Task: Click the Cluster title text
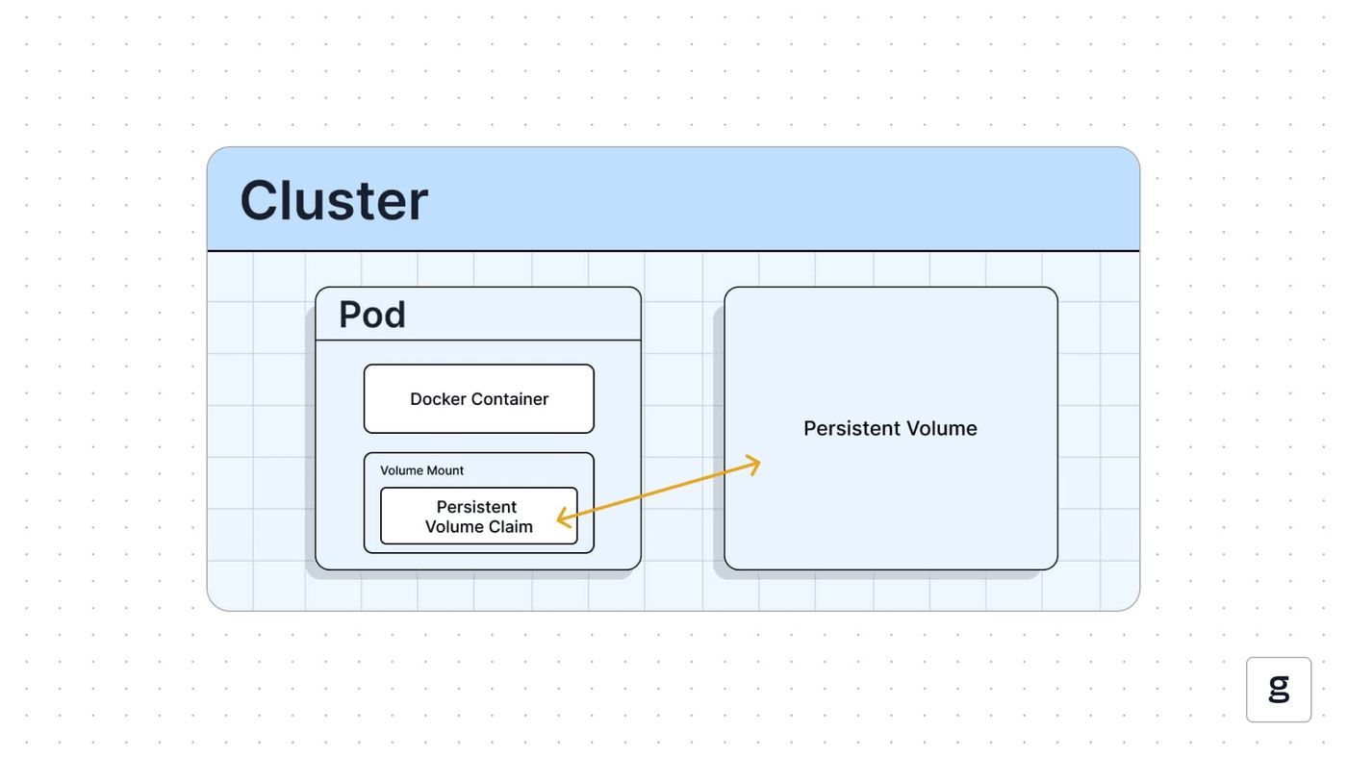334,201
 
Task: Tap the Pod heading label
372,315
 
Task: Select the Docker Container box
479,398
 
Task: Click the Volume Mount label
421,470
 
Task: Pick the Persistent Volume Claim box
479,516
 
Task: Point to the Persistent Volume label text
890,429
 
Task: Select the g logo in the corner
1279,690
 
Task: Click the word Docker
439,399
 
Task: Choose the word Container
510,399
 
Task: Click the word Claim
511,526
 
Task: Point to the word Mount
445,470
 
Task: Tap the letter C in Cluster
259,201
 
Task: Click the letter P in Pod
349,315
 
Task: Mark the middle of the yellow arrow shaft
658,492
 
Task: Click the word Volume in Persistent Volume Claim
454,526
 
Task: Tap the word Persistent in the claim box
476,507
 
